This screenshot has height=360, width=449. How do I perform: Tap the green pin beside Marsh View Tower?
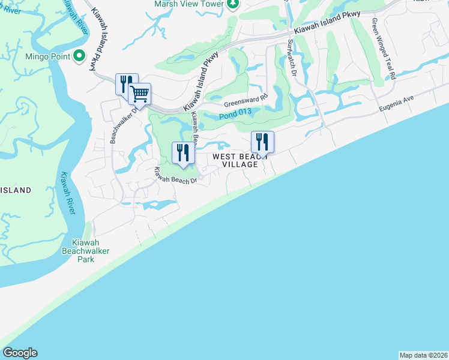[x=233, y=4]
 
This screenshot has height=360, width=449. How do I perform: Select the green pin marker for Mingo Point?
[x=78, y=58]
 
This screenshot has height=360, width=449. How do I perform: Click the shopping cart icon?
[x=140, y=93]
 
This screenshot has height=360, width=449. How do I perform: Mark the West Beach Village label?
[x=240, y=160]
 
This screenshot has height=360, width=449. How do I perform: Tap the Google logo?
[x=20, y=353]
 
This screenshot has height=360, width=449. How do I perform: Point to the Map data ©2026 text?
[x=423, y=355]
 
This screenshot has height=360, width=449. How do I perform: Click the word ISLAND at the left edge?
[x=15, y=190]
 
